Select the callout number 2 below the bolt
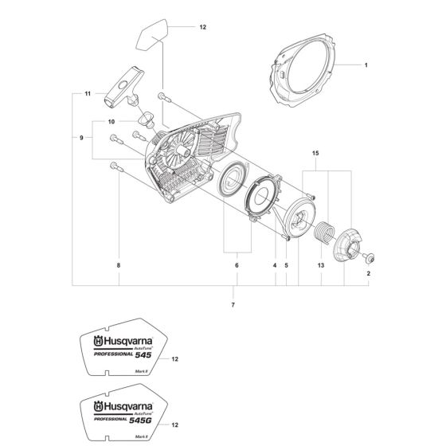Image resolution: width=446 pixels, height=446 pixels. coord(369,274)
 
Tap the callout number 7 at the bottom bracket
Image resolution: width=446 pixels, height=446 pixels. coord(234,306)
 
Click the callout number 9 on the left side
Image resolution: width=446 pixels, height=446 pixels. coord(81,137)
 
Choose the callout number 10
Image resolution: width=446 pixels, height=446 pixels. coord(111,122)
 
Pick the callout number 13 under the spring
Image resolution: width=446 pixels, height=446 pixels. coord(321,267)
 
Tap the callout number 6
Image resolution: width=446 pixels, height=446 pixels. coord(236,266)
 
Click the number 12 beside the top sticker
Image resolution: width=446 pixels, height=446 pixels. coord(202,27)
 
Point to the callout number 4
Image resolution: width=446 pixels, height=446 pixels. coord(275,267)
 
